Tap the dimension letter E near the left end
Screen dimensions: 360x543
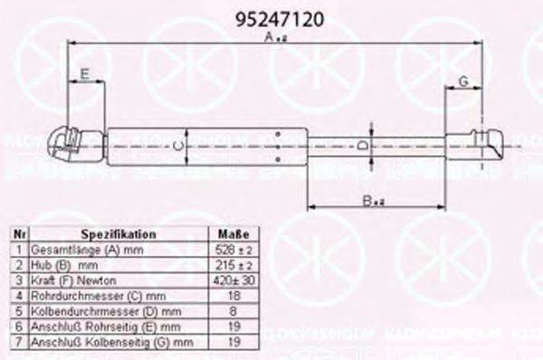pyautogui.click(x=85, y=72)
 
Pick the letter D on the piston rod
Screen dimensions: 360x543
pyautogui.click(x=362, y=145)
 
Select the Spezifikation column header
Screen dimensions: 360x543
pyautogui.click(x=118, y=233)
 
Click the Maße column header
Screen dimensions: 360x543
pyautogui.click(x=233, y=233)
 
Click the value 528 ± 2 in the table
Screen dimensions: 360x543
pyautogui.click(x=233, y=248)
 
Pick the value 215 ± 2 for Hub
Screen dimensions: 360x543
pyautogui.click(x=233, y=265)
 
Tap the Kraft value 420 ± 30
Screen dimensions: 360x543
pyautogui.click(x=233, y=280)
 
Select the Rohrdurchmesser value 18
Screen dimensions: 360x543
pyautogui.click(x=233, y=296)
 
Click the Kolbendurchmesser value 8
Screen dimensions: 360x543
pyautogui.click(x=233, y=311)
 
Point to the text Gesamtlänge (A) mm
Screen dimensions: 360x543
pyautogui.click(x=77, y=249)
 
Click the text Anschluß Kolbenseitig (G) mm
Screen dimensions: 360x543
pyautogui.click(x=112, y=343)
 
